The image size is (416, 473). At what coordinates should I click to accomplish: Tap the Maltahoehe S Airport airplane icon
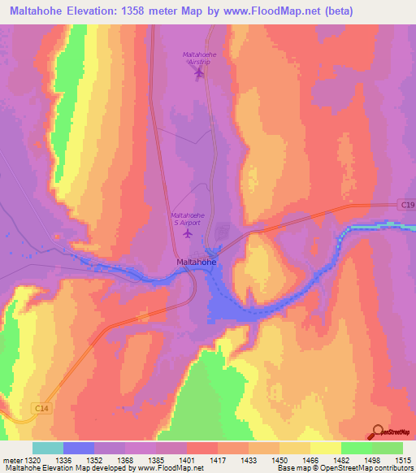[188, 233]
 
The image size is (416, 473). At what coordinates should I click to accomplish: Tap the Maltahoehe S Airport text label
[188, 218]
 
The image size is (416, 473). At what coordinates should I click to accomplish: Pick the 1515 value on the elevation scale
[403, 460]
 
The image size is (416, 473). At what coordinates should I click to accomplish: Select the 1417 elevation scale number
[218, 460]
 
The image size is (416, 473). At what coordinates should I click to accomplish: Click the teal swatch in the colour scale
[48, 448]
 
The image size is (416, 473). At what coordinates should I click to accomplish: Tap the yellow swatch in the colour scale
[325, 448]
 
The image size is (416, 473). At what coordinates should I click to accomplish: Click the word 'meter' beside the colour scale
[12, 460]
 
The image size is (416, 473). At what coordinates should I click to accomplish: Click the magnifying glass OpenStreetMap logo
[378, 432]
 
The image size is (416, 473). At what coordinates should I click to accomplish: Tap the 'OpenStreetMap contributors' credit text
[370, 468]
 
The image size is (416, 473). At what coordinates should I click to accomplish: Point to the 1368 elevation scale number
[125, 460]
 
